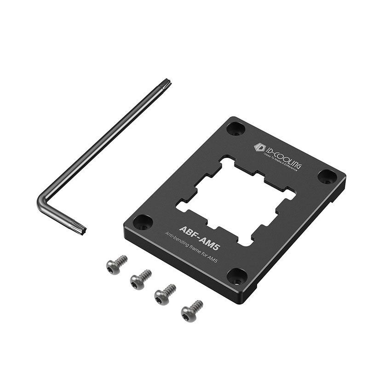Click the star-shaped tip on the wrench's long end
(166, 84)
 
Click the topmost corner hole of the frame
(236, 128)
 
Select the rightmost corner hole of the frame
(328, 176)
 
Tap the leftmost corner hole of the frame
(143, 222)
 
